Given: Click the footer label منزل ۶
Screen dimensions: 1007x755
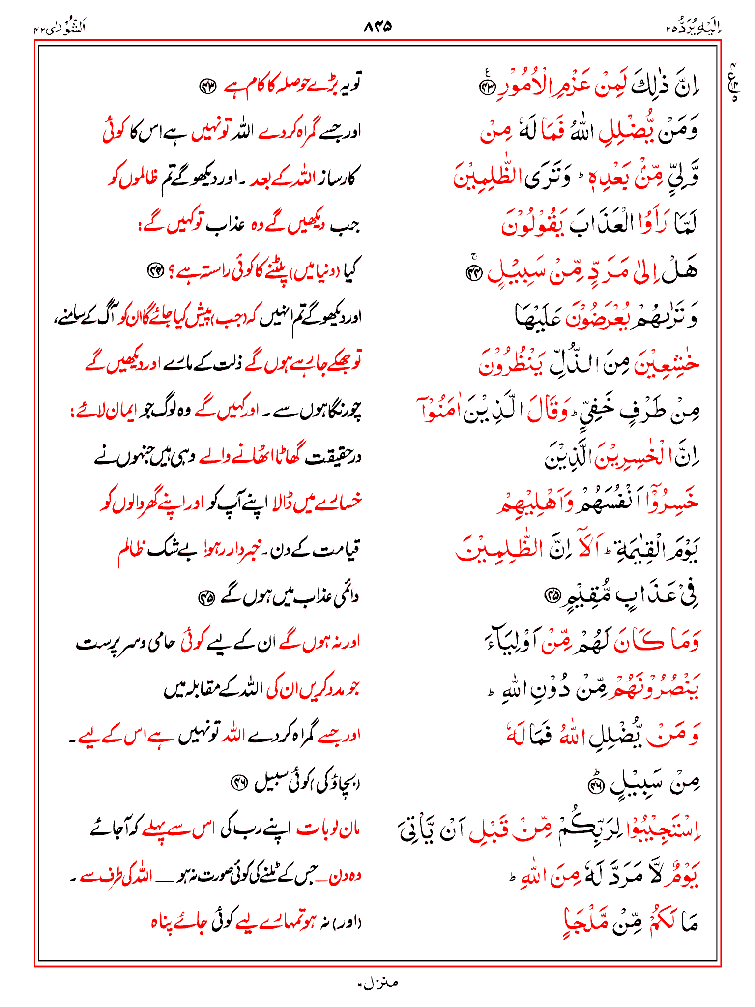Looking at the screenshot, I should coord(377,983).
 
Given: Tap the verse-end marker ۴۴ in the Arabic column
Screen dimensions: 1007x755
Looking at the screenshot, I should coord(474,274).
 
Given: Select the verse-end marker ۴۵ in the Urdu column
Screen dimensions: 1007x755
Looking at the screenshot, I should coord(205,598).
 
